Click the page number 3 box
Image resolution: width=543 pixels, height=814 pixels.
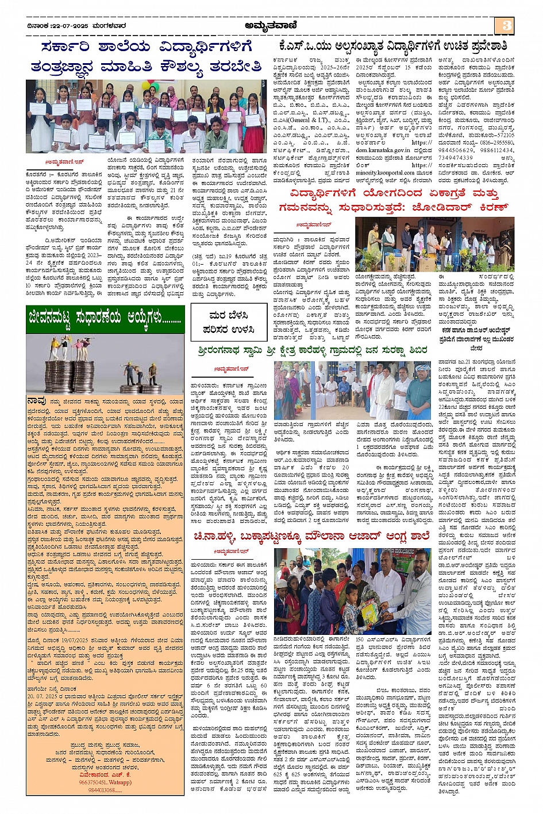click(506, 25)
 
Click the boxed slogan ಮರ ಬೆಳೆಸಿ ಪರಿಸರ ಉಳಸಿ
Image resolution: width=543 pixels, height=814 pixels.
click(228, 322)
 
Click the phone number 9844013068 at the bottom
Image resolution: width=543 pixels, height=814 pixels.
click(104, 790)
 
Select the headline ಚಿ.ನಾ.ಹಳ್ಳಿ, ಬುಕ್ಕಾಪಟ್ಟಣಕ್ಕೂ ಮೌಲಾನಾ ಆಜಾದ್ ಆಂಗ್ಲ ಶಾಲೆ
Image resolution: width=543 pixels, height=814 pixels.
click(312, 537)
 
